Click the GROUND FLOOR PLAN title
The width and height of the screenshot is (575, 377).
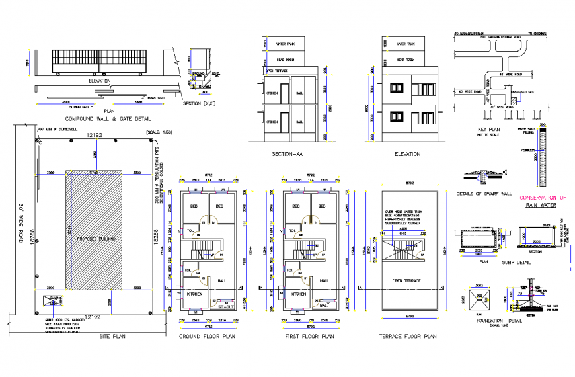point(207,336)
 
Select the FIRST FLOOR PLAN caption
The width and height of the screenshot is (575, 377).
point(310,336)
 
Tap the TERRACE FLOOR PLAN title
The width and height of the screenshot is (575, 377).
point(408,336)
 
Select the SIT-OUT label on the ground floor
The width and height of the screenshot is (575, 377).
point(226,306)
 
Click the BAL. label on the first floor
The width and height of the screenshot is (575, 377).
point(323,306)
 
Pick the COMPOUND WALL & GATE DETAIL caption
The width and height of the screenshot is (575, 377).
point(103,119)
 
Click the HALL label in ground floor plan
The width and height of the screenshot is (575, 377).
point(221,281)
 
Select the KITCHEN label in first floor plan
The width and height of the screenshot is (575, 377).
point(299,293)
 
